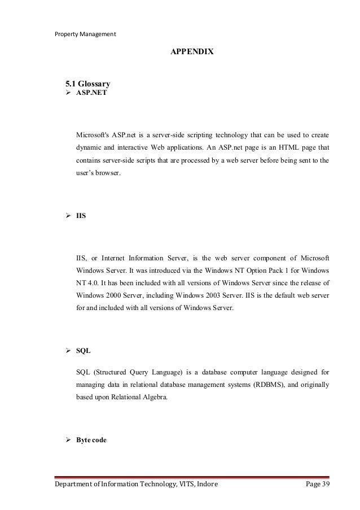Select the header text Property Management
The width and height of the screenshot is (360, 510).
click(x=85, y=33)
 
